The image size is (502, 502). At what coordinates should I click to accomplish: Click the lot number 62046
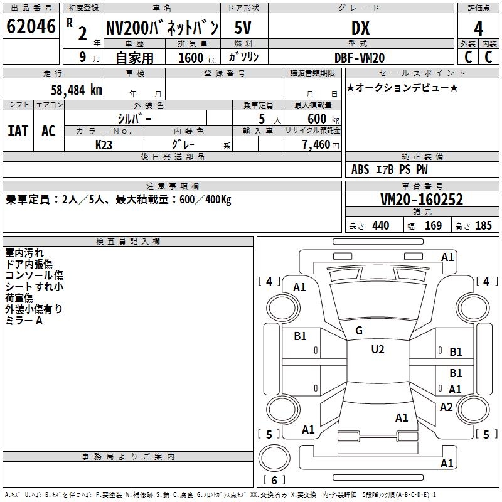[31, 27]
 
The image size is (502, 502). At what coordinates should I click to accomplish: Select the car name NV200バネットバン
[162, 28]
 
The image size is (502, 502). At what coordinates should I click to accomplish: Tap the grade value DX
[360, 28]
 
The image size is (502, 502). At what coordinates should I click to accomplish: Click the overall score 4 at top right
[479, 28]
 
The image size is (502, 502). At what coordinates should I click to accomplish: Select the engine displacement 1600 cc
[196, 58]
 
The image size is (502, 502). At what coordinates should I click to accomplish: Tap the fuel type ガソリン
[245, 57]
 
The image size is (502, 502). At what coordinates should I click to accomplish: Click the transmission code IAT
[18, 131]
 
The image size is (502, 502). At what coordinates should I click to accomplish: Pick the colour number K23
[104, 144]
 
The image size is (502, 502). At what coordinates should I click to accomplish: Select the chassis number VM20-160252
[422, 200]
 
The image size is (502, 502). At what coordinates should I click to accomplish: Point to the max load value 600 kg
[324, 119]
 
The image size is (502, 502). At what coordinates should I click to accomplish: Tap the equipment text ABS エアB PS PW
[389, 169]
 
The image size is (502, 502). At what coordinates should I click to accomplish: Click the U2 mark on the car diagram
[378, 350]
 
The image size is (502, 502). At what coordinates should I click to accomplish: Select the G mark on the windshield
[359, 331]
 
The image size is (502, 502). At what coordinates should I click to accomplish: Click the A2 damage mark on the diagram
[446, 407]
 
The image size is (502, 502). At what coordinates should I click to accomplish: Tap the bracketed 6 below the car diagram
[274, 480]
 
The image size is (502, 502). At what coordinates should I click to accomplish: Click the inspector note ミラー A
[24, 320]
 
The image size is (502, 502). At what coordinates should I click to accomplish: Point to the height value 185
[484, 225]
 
